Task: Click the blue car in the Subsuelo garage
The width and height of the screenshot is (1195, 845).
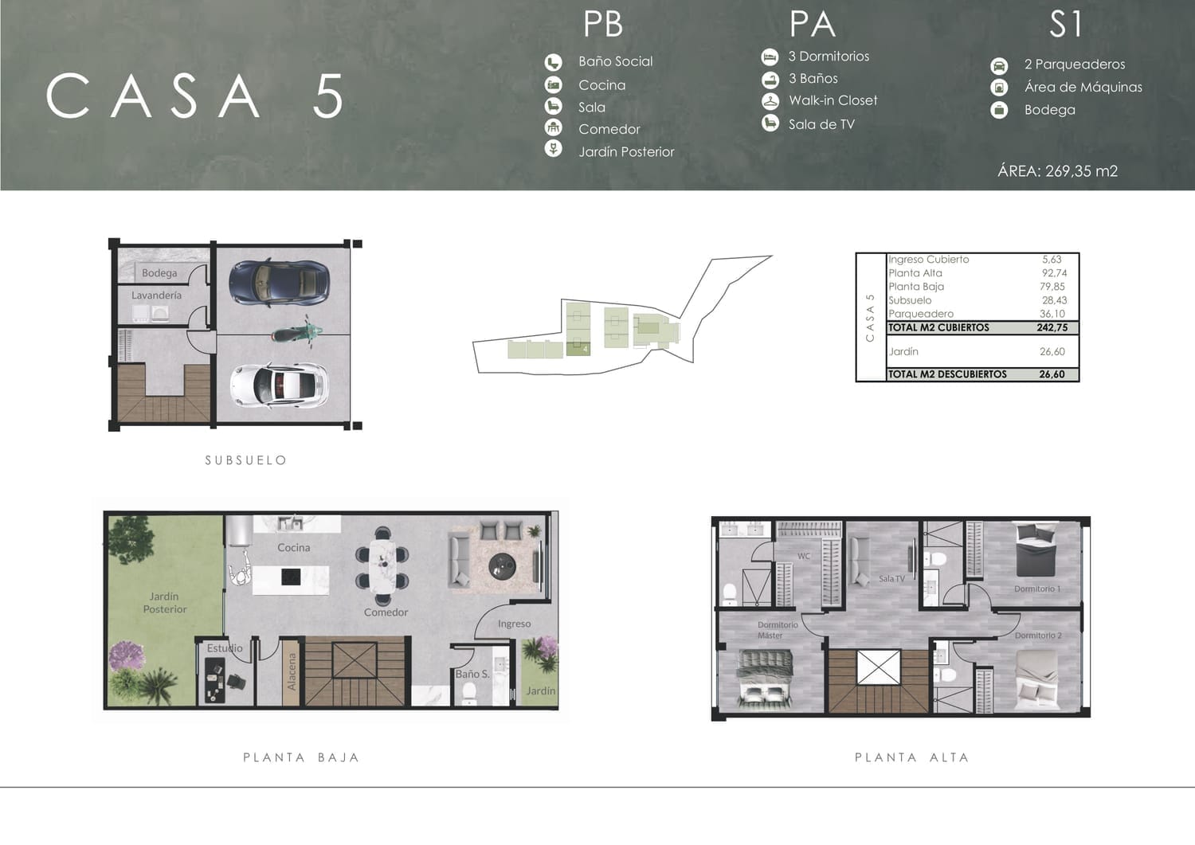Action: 279,283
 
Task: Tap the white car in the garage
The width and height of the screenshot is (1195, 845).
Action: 279,385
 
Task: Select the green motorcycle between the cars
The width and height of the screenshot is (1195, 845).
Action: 296,333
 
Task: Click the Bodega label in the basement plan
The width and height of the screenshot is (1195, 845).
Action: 159,273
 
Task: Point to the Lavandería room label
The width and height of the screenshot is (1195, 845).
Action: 156,295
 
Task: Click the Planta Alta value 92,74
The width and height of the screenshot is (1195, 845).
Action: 1054,273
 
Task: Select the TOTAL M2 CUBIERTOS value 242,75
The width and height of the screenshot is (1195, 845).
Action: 1052,327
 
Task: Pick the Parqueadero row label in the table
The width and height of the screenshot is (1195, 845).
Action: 921,314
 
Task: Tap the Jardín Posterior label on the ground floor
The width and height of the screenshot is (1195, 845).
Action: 165,603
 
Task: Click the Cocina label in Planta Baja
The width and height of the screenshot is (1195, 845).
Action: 293,547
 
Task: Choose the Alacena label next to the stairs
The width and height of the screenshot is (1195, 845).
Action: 292,671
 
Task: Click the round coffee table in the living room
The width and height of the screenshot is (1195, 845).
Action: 502,566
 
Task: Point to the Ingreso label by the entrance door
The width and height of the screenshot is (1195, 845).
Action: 515,624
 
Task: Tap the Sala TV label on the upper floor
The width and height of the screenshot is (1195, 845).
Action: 892,578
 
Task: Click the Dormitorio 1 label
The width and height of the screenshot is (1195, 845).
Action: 1037,589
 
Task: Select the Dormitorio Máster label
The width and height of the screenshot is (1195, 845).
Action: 778,630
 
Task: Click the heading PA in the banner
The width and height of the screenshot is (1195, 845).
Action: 812,24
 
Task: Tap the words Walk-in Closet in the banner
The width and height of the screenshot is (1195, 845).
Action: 833,100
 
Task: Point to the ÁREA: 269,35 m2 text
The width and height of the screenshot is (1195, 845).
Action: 1057,171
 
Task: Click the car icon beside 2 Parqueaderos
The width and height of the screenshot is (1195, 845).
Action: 999,66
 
